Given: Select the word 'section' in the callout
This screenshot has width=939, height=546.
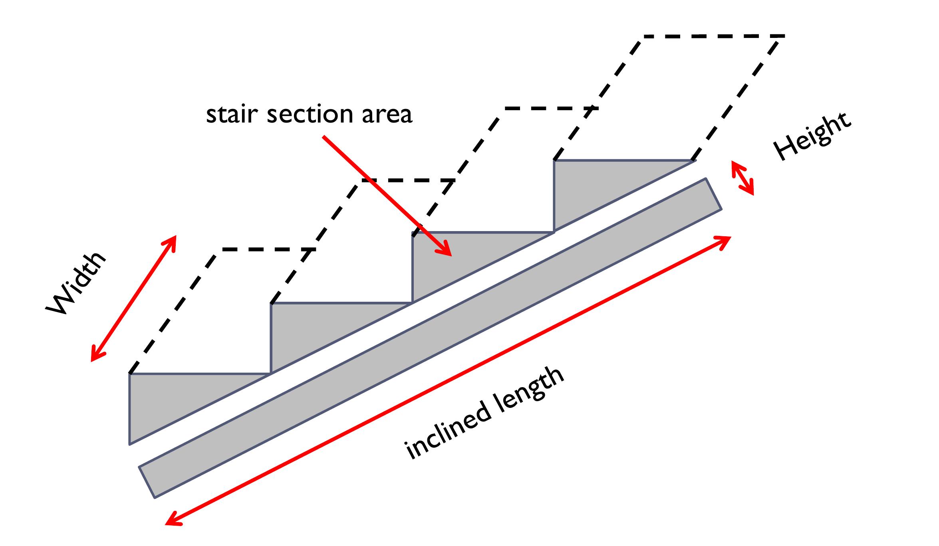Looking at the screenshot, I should tap(310, 114).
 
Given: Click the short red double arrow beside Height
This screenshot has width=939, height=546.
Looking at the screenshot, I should tap(742, 178).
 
